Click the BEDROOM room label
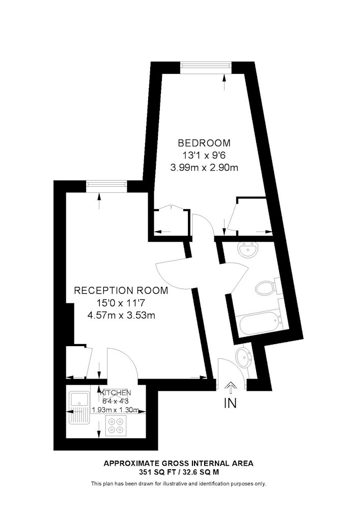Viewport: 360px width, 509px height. tap(204, 143)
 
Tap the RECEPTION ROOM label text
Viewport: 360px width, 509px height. tap(121, 290)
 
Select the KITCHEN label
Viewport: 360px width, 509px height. tap(116, 393)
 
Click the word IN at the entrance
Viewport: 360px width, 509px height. tap(230, 403)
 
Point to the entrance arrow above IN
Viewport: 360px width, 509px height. tap(231, 385)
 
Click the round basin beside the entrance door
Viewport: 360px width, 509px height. tap(243, 357)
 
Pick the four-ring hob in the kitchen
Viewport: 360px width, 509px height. tap(116, 426)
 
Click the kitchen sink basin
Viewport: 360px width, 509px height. tap(79, 399)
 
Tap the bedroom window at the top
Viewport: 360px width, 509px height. tap(206, 65)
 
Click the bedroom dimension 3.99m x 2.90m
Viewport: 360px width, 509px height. tap(204, 168)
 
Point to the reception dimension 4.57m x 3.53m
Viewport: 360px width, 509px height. tap(121, 315)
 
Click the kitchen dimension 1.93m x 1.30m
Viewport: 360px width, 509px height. tap(116, 410)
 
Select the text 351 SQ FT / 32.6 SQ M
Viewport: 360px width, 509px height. tap(178, 472)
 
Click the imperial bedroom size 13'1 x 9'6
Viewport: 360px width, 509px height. tap(204, 155)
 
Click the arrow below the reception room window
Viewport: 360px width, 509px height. tap(99, 202)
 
